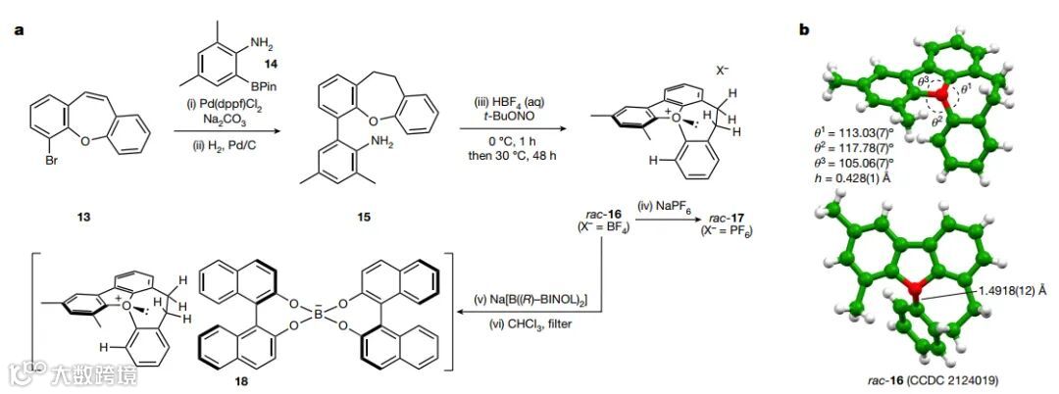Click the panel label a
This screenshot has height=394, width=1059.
(18, 29)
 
